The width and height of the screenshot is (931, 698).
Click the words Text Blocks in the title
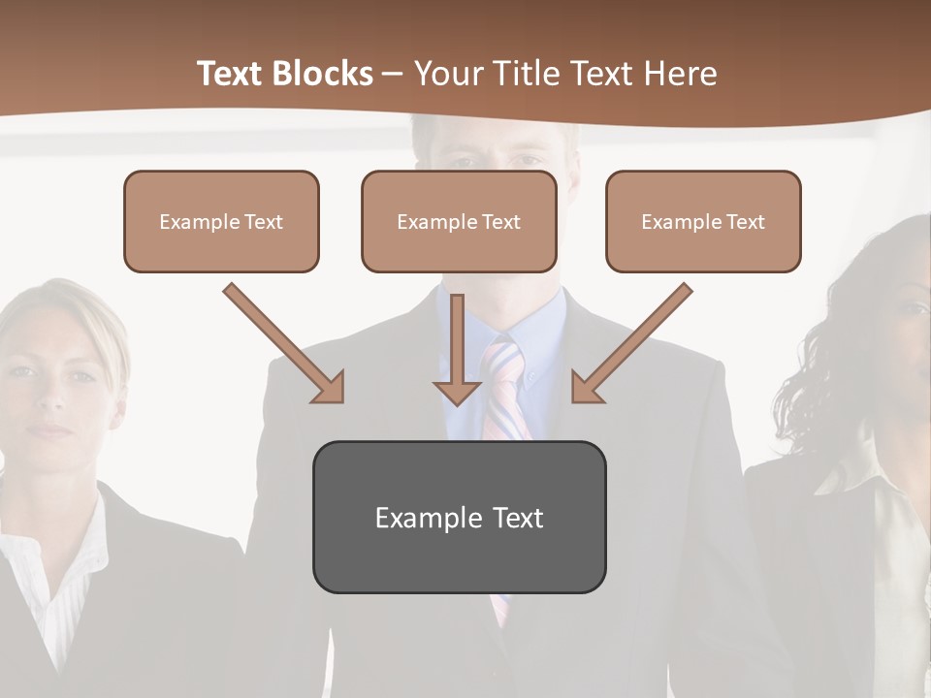click(x=284, y=74)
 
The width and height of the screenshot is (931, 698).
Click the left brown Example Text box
click(x=221, y=221)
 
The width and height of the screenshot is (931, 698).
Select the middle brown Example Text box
click(x=459, y=221)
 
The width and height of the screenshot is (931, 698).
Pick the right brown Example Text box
click(x=703, y=221)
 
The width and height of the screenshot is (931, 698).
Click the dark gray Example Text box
click(x=459, y=517)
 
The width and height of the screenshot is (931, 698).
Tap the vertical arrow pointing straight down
click(x=457, y=349)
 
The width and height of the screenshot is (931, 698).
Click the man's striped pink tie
click(x=503, y=388)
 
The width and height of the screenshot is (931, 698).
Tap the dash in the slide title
click(x=393, y=74)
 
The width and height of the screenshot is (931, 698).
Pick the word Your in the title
click(x=447, y=74)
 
